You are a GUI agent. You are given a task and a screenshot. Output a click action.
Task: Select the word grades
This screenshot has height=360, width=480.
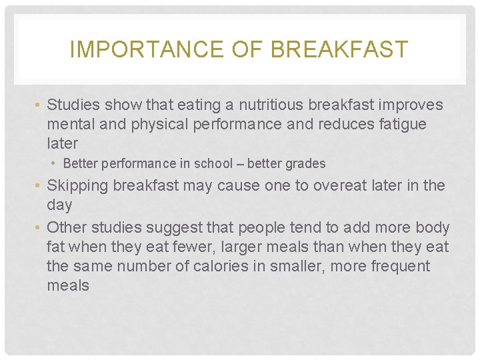tap(303, 163)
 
